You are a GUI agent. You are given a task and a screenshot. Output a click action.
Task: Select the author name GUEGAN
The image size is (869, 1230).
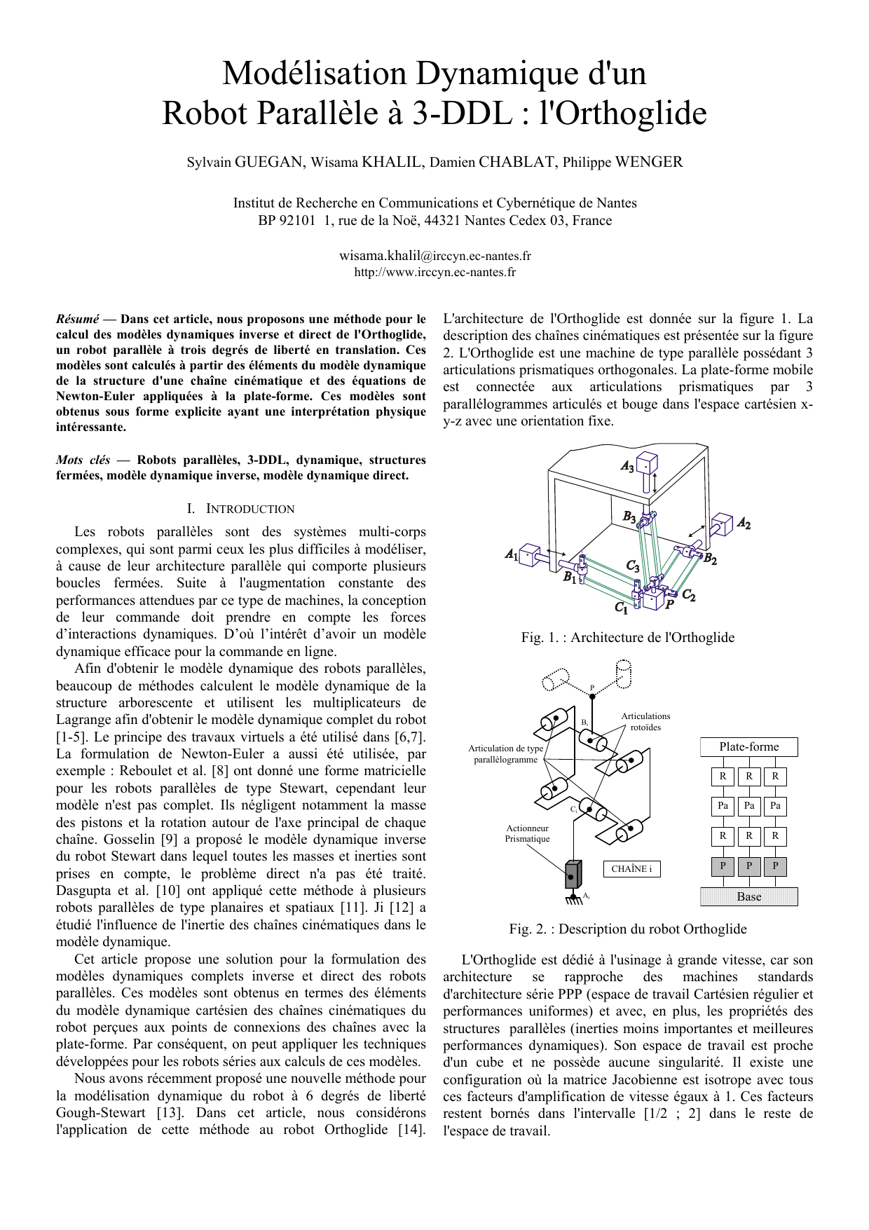268,163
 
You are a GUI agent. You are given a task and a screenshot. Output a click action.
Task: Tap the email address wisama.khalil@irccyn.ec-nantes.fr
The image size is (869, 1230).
434,256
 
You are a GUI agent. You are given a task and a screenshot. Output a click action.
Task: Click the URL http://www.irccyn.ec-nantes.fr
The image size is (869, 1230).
434,272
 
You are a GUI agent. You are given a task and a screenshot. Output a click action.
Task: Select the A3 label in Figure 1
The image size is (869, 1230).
627,467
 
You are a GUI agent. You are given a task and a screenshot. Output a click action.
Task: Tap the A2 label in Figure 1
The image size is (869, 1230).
744,523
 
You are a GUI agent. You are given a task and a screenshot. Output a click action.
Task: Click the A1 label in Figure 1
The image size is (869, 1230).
512,554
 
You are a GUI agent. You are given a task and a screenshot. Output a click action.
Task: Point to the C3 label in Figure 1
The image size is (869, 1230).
633,566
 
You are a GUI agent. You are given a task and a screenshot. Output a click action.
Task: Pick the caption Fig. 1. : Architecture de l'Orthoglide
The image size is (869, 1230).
627,637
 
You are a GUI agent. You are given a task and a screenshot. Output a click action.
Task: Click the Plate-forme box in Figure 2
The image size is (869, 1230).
748,747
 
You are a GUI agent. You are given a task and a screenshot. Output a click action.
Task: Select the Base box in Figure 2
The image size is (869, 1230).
748,896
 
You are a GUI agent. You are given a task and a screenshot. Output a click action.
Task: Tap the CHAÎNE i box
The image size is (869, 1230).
631,869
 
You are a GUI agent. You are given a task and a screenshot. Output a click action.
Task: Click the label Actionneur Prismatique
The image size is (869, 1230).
528,833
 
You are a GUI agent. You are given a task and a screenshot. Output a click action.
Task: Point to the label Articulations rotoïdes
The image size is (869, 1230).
645,721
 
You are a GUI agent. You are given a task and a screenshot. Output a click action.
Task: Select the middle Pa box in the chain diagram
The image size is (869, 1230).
749,806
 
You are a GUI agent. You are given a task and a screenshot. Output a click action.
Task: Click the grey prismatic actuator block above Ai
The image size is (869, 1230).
573,874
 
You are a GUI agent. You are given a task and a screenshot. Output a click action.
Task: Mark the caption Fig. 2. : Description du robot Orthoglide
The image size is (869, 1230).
627,929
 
